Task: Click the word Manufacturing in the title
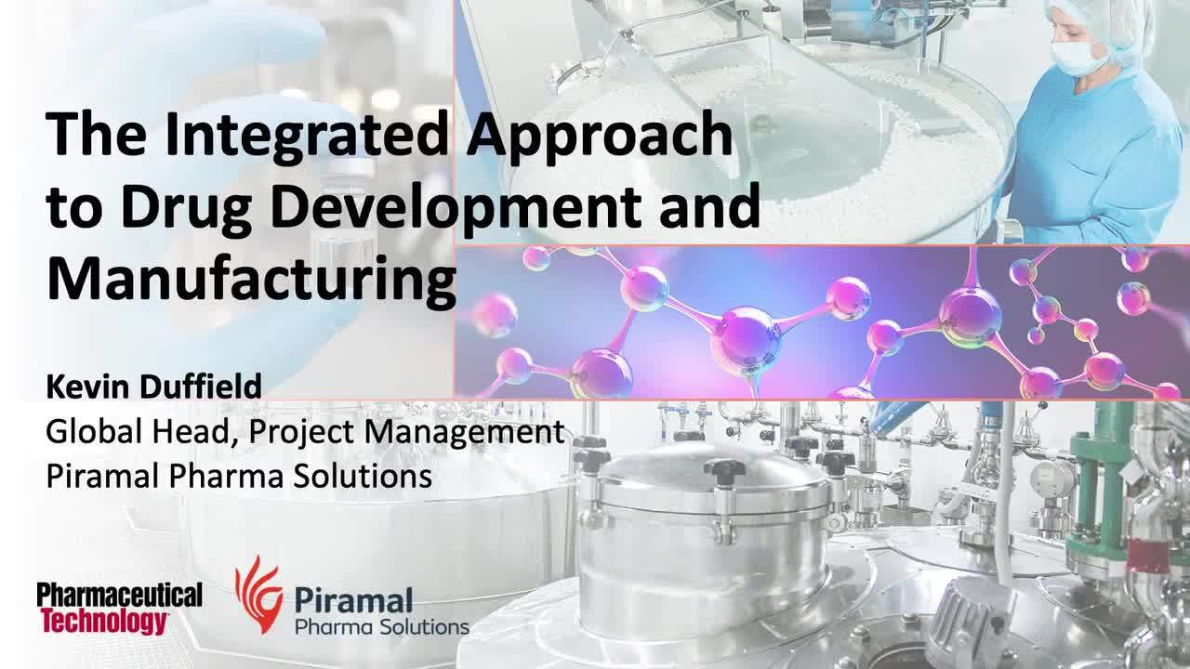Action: point(251,277)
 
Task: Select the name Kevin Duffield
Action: point(153,387)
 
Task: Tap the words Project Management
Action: point(407,431)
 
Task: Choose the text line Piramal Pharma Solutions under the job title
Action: point(239,476)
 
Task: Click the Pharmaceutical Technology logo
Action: point(119,609)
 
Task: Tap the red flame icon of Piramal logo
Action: point(258,595)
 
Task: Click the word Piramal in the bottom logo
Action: point(352,600)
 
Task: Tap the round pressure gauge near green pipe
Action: point(1052,479)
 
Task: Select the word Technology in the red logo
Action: point(102,622)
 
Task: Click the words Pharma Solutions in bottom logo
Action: point(381,627)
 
